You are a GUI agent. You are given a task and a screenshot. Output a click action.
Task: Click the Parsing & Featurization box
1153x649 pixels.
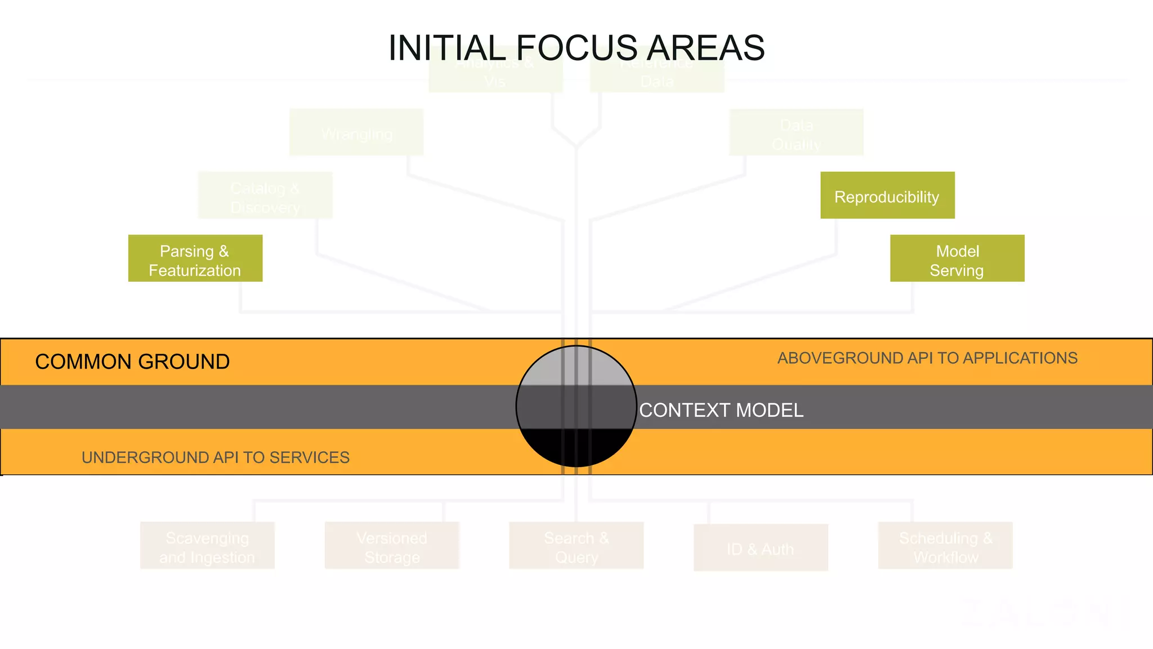point(195,259)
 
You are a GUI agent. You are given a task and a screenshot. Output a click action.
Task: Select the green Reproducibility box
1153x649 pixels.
point(887,195)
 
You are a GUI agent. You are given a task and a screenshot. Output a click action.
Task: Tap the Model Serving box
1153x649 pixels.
point(957,259)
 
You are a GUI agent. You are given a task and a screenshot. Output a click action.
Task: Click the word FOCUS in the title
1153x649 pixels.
point(576,48)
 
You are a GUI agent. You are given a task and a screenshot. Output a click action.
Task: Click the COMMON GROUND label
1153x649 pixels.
point(132,362)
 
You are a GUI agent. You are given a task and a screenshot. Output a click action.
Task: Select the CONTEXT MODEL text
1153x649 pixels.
point(721,410)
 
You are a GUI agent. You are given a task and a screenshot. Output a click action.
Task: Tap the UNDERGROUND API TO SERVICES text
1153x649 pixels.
point(216,457)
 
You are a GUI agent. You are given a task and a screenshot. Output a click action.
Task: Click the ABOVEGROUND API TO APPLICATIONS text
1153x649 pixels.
point(927,358)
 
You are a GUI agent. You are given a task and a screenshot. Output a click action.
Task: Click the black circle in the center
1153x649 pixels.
point(576,406)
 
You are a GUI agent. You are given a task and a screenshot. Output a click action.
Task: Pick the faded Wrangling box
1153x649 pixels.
point(356,133)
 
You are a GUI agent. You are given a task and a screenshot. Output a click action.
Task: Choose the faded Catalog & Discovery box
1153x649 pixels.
point(265,196)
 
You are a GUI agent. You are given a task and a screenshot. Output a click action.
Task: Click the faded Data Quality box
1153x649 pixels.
point(796,133)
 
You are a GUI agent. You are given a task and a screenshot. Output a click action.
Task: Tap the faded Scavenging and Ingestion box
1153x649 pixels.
point(207,546)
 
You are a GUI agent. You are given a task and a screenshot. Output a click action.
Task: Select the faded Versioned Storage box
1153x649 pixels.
point(392,546)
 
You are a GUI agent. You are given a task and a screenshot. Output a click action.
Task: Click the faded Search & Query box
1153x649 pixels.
point(576,546)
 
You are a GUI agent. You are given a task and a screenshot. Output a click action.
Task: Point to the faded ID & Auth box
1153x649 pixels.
point(761,548)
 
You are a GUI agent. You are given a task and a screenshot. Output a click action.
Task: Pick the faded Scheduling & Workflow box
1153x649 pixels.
point(945,546)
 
